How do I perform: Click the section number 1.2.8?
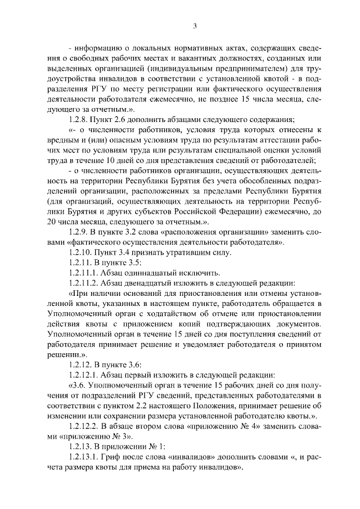point(77,120)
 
